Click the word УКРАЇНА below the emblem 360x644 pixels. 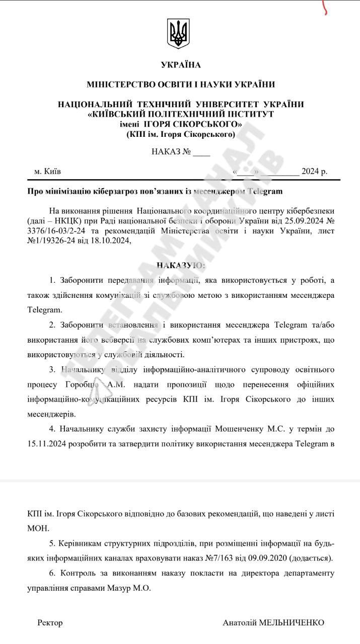click(x=180, y=65)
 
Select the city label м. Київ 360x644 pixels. click(x=48, y=171)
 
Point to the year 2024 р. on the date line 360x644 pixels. click(x=314, y=171)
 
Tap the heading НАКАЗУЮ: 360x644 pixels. click(x=180, y=265)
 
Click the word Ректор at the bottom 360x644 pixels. click(x=50, y=623)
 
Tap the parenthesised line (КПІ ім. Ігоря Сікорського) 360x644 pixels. click(x=180, y=134)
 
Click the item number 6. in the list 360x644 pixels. click(x=52, y=573)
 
